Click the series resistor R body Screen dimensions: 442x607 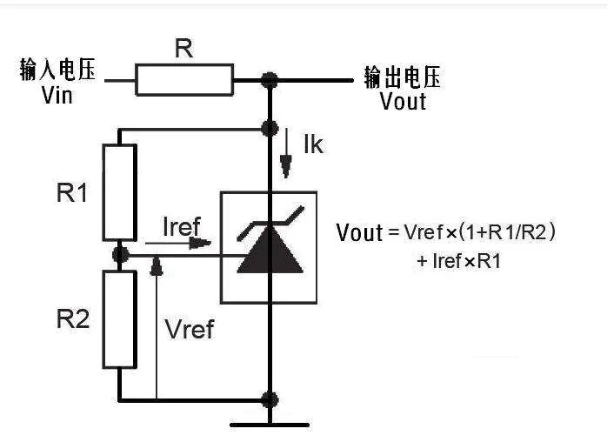coord(184,79)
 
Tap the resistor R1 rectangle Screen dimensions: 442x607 coord(119,192)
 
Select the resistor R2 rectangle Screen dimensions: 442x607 coord(119,318)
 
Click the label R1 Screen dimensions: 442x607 coord(72,193)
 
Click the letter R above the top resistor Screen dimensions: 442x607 coord(183,49)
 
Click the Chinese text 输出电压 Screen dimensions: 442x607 coord(403,77)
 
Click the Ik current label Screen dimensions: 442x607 coord(312,144)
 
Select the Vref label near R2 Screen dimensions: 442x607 coord(189,330)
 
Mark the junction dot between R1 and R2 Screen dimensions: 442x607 coord(120,254)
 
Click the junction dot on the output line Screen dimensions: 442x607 coord(269,80)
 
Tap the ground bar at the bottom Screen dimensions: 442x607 coord(269,425)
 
